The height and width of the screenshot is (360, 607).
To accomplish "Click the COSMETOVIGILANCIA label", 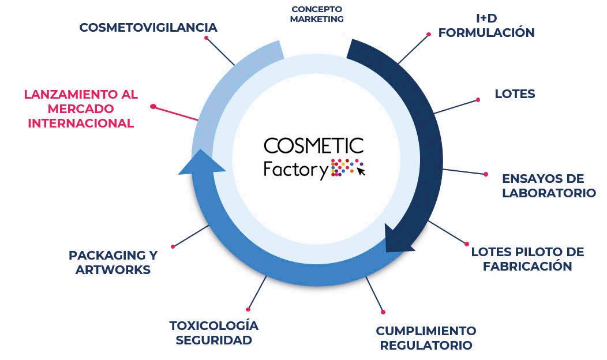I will pyautogui.click(x=148, y=27).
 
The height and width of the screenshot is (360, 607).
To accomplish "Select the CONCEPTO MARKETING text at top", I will pyautogui.click(x=317, y=14).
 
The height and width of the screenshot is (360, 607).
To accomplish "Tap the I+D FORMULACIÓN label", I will pyautogui.click(x=486, y=26).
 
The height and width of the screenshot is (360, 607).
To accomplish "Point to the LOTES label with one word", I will pyautogui.click(x=515, y=93).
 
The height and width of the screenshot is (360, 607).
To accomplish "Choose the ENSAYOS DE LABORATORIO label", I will pyautogui.click(x=548, y=185).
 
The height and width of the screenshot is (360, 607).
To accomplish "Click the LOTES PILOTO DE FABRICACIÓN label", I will pyautogui.click(x=527, y=259).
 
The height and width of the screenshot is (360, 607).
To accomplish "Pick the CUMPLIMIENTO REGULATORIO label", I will pyautogui.click(x=426, y=338).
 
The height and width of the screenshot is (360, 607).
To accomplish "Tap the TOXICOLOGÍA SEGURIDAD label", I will pyautogui.click(x=213, y=333).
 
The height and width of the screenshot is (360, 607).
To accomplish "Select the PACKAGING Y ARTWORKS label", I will pyautogui.click(x=113, y=262).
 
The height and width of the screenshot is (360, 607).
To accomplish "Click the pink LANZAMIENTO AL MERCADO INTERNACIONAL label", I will pyautogui.click(x=81, y=108).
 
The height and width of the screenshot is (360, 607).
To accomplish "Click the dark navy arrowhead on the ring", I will pyautogui.click(x=399, y=241).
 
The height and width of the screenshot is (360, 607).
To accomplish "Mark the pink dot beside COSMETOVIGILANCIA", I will pyautogui.click(x=207, y=38).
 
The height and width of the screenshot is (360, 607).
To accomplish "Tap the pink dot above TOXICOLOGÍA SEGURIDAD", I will pyautogui.click(x=248, y=309).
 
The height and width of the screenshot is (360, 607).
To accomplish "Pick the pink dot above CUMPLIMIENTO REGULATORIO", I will pyautogui.click(x=383, y=312).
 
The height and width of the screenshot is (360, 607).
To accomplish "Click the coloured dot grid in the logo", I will pyautogui.click(x=344, y=168).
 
